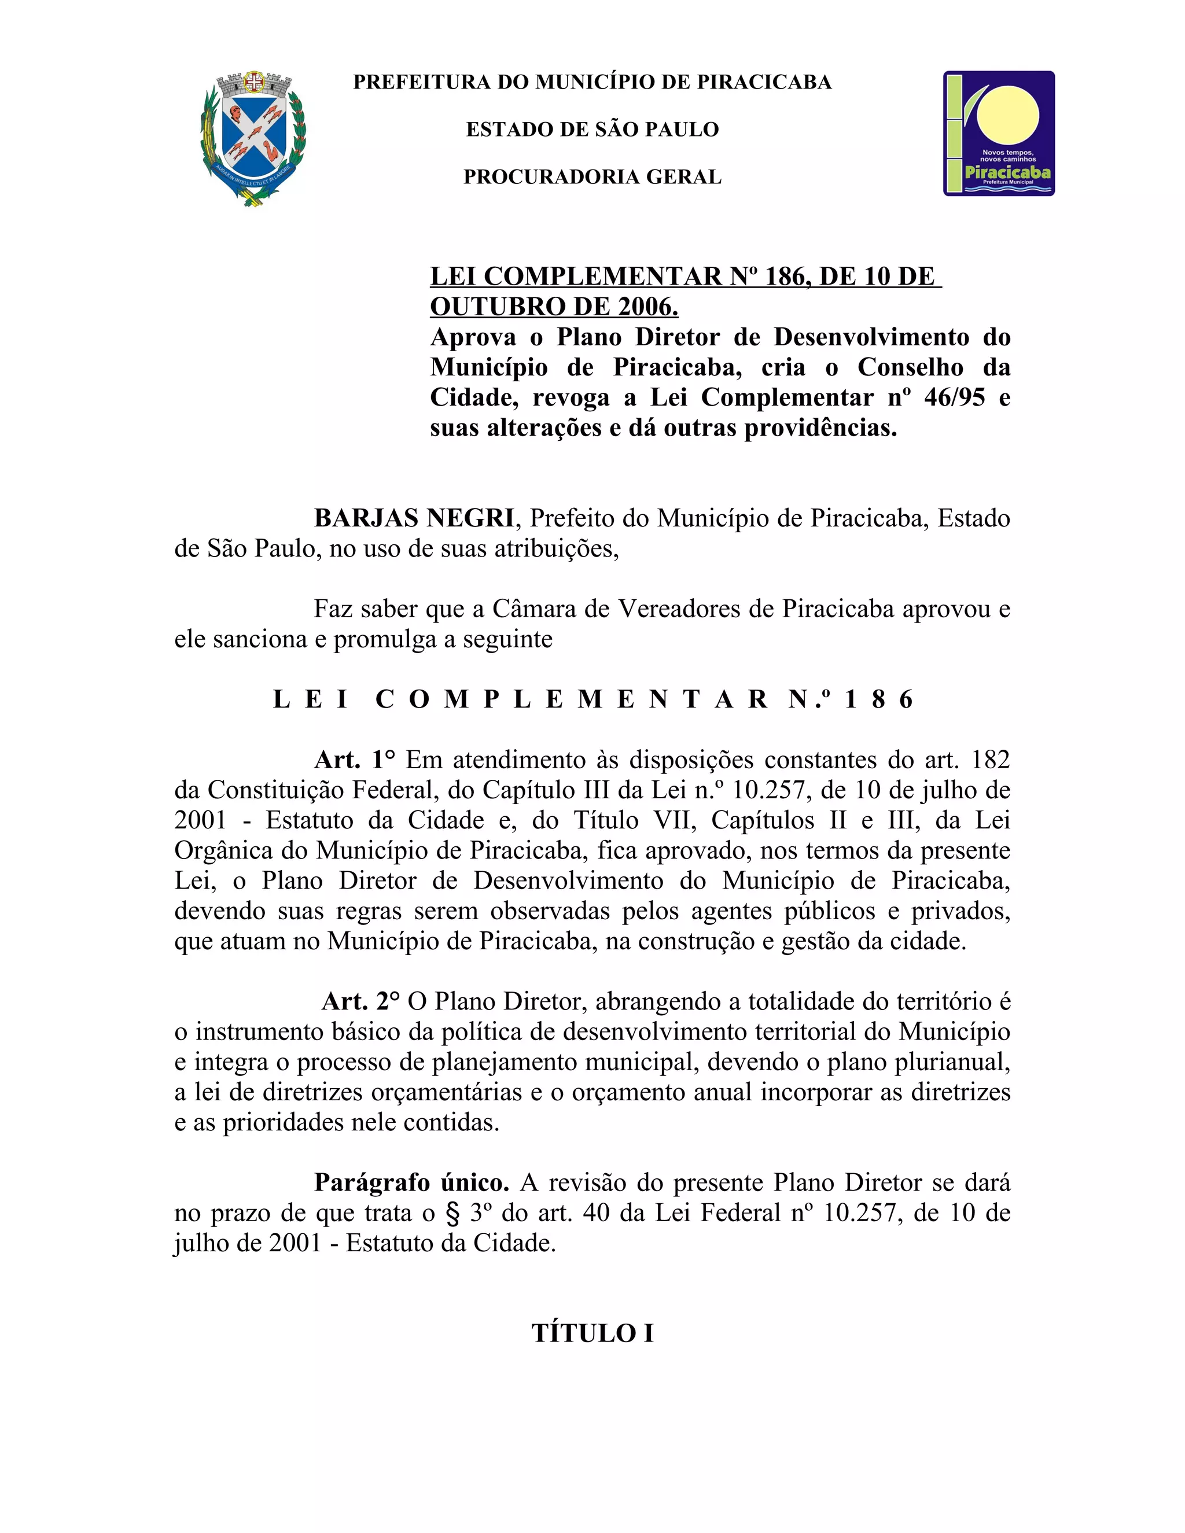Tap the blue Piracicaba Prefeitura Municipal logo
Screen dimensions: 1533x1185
pyautogui.click(x=998, y=134)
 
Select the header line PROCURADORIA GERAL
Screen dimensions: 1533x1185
pyautogui.click(x=592, y=177)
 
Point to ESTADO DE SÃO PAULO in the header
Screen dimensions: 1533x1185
pyautogui.click(x=592, y=130)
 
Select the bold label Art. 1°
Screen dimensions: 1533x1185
pyautogui.click(x=355, y=760)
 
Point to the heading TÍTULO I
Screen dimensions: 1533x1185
pyautogui.click(x=592, y=1333)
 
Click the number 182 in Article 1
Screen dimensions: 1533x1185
pyautogui.click(x=990, y=760)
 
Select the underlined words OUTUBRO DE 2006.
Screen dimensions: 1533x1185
pyautogui.click(x=554, y=307)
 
